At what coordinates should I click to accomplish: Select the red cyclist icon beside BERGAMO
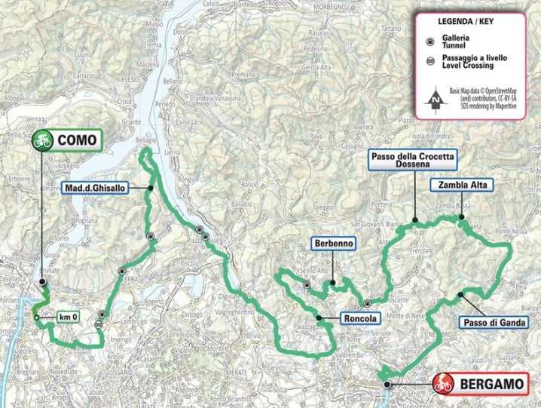[x=445, y=385]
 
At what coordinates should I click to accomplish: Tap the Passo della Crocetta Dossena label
[x=414, y=160]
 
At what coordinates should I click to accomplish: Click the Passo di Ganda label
[x=494, y=322]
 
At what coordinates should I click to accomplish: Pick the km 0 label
[x=69, y=318]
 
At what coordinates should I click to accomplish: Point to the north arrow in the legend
[x=436, y=98]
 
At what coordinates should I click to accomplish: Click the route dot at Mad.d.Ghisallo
[x=151, y=188]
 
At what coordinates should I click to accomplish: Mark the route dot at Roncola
[x=319, y=318]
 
